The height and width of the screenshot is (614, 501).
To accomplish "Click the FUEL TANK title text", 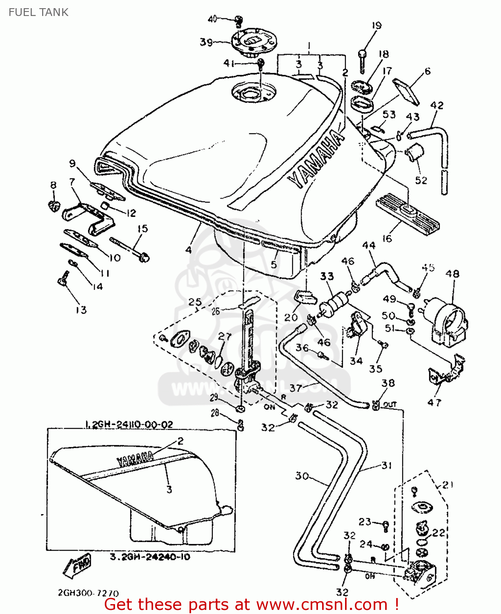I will click(x=38, y=12).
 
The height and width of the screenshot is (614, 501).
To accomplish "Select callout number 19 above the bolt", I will click(x=377, y=25).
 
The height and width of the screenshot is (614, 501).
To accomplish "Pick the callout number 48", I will click(x=452, y=274).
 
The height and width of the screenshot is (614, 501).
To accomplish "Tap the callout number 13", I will click(x=81, y=310).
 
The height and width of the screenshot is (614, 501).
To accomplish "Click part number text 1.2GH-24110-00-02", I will click(x=129, y=424).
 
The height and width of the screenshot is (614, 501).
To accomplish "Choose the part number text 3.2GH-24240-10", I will click(x=150, y=557).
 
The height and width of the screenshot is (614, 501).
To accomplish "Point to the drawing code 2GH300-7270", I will click(x=88, y=593).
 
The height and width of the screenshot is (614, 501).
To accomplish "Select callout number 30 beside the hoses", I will click(x=302, y=476).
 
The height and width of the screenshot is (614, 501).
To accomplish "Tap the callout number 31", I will click(x=386, y=465).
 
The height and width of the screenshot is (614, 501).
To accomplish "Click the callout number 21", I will click(x=448, y=485).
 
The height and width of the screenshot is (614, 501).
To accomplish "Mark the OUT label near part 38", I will click(x=390, y=404).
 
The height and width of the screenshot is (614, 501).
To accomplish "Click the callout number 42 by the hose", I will click(x=437, y=105).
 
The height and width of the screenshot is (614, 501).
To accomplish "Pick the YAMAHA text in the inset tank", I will click(x=135, y=459).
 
